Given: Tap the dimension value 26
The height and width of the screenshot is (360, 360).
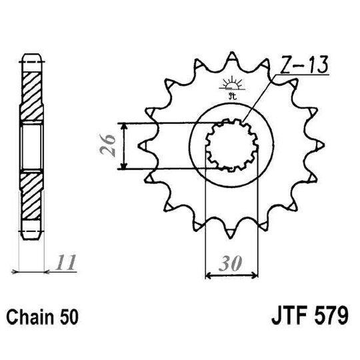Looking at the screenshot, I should (112, 145).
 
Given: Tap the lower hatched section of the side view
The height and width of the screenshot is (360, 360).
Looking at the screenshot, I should (31, 197).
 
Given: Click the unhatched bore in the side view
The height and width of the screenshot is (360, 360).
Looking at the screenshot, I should (31, 145).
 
